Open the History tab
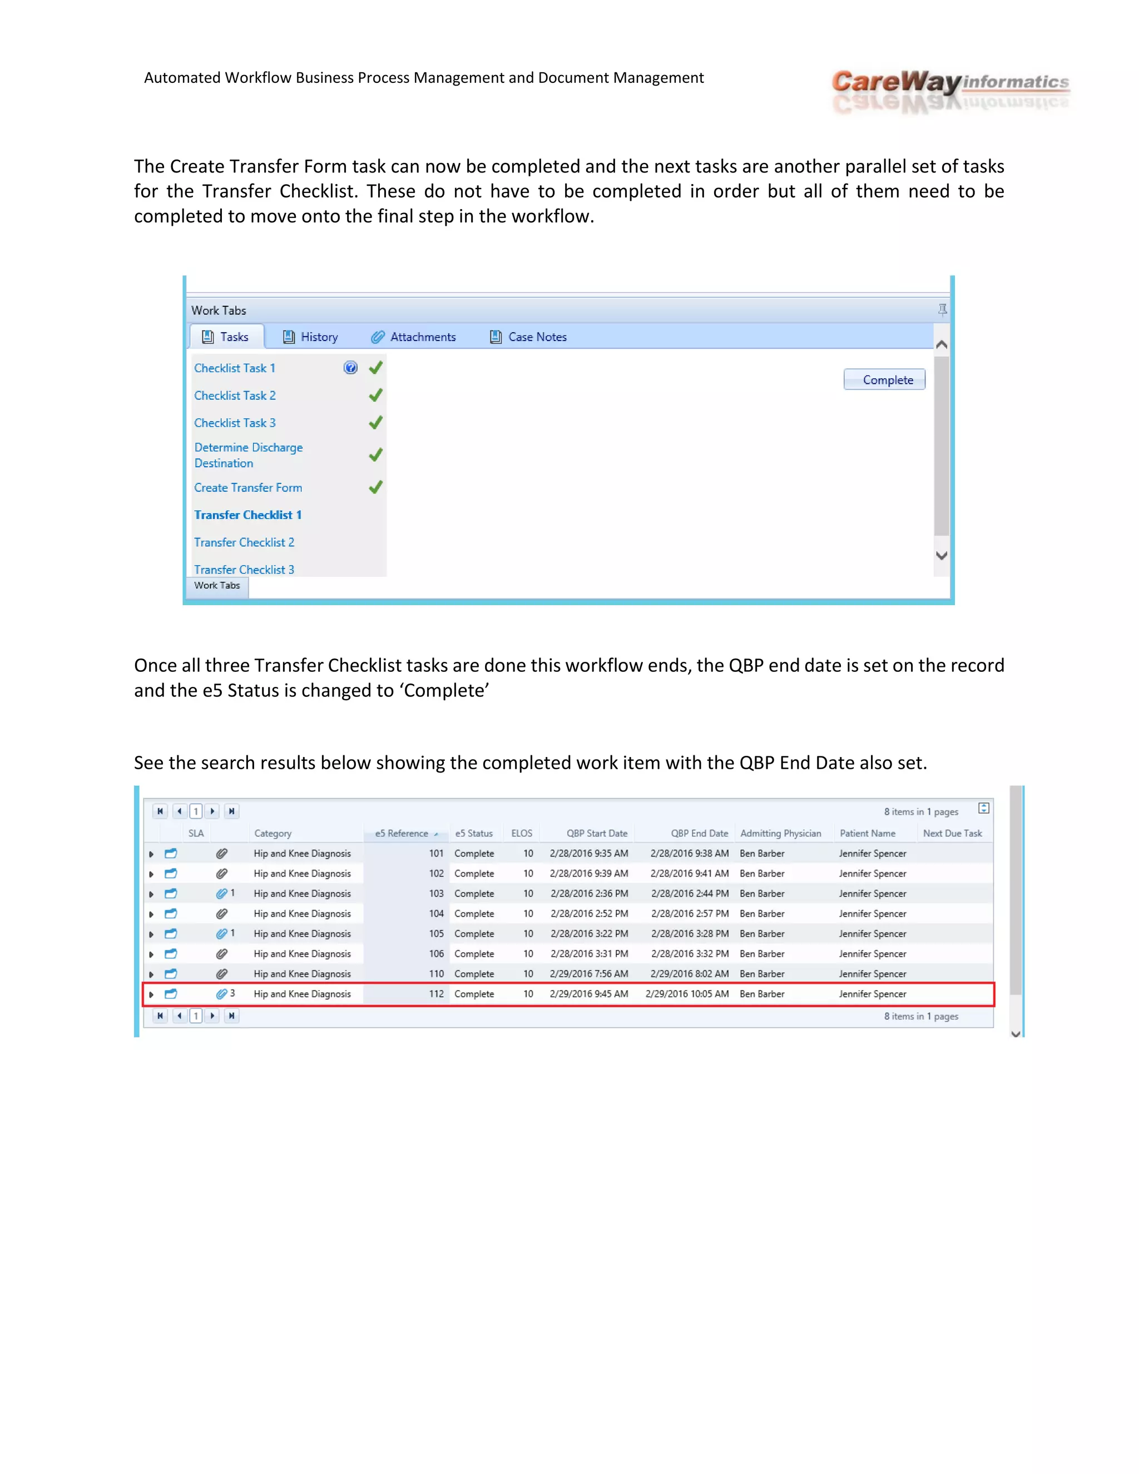pos(310,337)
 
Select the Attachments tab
pos(414,337)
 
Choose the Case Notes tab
pos(528,337)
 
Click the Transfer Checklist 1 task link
pos(247,515)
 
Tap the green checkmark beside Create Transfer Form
pos(376,487)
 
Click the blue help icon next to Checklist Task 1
pos(350,368)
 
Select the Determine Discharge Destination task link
pos(247,455)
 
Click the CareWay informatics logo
pos(950,91)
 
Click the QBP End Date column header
pos(699,834)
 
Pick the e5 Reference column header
pos(402,834)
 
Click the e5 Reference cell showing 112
pos(436,994)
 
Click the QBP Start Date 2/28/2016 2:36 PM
pos(588,894)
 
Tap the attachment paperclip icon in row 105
pos(221,933)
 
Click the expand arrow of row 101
pos(151,854)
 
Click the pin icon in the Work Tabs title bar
pos(942,310)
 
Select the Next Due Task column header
pos(952,834)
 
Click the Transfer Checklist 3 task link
pos(244,569)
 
